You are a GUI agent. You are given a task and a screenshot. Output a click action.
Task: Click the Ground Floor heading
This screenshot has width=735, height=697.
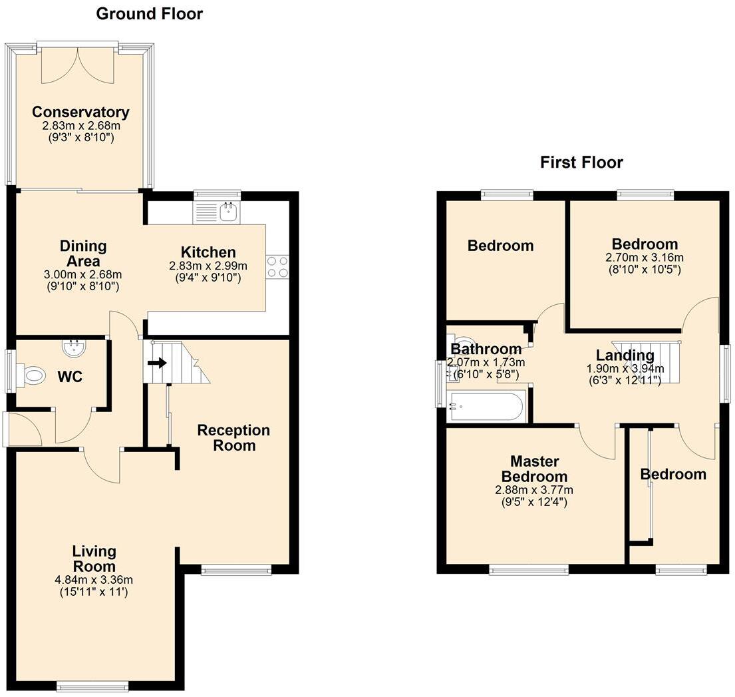(150, 13)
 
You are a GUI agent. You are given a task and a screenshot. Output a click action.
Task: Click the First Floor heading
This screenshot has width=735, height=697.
(581, 162)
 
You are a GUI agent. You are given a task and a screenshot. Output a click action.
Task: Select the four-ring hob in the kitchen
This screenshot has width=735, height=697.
(277, 266)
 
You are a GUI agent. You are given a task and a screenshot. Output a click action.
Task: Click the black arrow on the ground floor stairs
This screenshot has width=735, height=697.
(158, 363)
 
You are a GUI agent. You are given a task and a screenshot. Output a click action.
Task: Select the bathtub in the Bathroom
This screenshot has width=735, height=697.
(488, 406)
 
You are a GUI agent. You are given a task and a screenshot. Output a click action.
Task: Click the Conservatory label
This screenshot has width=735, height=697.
(80, 112)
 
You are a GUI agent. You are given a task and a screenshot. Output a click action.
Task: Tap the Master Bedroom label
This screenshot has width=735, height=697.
(534, 469)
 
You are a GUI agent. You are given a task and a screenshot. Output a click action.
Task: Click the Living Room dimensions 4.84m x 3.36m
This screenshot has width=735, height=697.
(94, 580)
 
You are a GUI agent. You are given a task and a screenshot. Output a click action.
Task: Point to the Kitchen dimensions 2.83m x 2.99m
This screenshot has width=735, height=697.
(207, 265)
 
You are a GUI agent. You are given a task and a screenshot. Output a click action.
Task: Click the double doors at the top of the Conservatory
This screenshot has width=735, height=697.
(78, 65)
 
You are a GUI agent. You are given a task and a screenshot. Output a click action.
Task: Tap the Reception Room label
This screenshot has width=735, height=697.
(233, 437)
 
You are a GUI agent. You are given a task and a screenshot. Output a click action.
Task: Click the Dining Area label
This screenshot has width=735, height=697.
(83, 254)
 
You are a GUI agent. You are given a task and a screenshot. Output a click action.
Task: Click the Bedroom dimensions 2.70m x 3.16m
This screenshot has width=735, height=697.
(644, 258)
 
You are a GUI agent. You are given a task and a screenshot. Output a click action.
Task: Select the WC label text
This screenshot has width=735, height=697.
(70, 377)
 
